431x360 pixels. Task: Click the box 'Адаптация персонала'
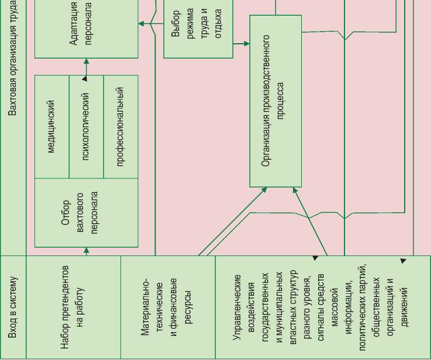click(x=87, y=28)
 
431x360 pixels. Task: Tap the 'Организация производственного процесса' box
click(x=275, y=101)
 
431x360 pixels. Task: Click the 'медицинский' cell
click(x=51, y=126)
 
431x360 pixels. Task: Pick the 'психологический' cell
click(x=86, y=126)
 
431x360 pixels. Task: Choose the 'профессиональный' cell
click(x=120, y=126)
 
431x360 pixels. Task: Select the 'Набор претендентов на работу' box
click(x=73, y=307)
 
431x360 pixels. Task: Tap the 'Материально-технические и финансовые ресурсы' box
click(x=168, y=307)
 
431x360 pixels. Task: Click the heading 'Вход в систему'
click(x=13, y=307)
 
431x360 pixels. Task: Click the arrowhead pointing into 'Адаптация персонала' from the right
click(x=141, y=24)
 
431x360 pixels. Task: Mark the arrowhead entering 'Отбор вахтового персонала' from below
click(x=86, y=251)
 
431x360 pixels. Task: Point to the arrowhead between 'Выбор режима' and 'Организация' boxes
click(x=246, y=43)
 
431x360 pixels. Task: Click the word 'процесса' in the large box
click(x=281, y=101)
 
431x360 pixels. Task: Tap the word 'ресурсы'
click(x=188, y=307)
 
